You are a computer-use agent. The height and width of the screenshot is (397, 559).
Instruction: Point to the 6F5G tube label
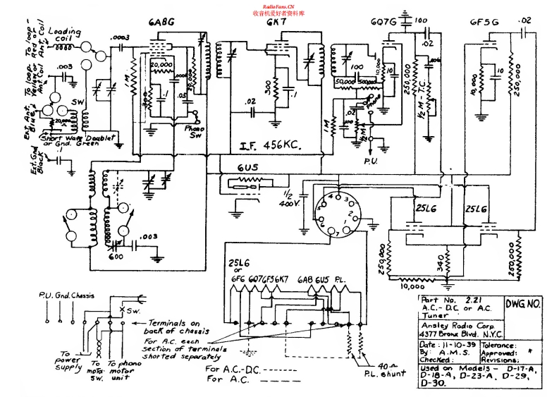(485, 21)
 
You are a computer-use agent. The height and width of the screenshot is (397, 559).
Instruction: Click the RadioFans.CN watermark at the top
(278, 6)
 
